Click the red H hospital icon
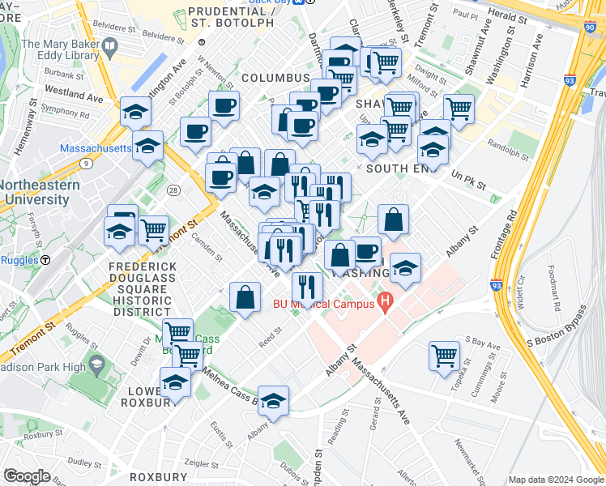tap(384, 304)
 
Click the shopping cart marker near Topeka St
tap(445, 355)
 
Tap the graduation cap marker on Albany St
tap(274, 400)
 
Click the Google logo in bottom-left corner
tap(27, 476)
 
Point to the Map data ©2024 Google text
tap(556, 480)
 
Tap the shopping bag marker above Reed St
tap(245, 296)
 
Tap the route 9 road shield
tap(85, 163)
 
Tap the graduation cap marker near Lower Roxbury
tap(175, 381)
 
